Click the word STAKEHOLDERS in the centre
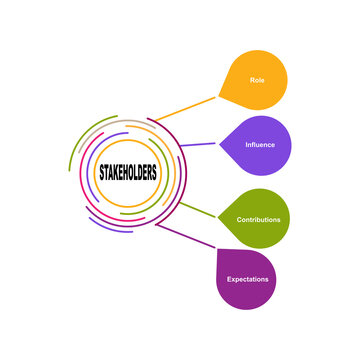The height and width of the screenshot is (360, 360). coord(126,171)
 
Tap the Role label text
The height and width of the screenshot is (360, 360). coord(257,78)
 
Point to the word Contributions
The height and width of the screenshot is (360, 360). coord(257,219)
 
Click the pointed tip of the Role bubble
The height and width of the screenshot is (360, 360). coord(220,97)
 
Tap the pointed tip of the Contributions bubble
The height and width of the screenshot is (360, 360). coord(218,217)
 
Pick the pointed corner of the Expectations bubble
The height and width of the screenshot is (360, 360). coord(218,250)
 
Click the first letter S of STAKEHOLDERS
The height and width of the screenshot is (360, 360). coord(99,171)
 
